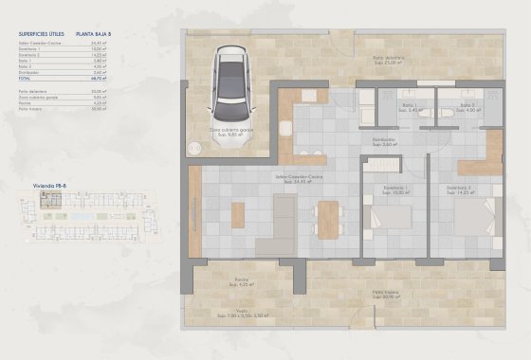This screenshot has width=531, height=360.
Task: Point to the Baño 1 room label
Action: [410, 107]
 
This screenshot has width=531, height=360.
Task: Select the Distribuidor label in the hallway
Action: [384, 143]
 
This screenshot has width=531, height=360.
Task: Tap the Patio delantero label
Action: [388, 59]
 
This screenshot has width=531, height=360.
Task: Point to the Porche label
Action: [243, 281]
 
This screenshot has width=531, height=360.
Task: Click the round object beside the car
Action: [193, 147]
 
